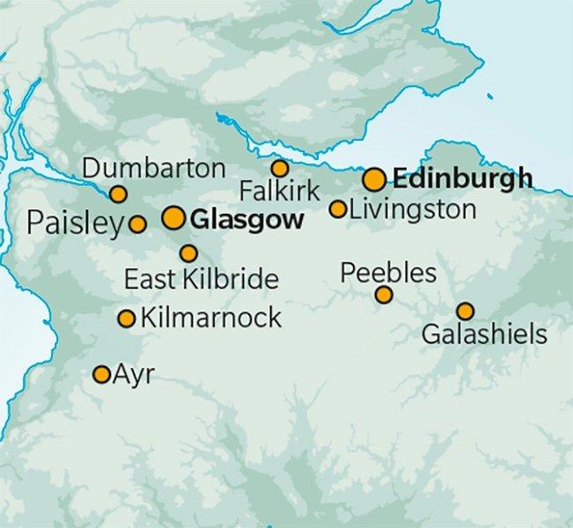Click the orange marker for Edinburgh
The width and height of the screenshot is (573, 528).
374,180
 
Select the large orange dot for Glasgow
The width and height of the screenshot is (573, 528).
173,218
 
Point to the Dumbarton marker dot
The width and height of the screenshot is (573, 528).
118,194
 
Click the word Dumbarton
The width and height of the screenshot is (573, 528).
153,167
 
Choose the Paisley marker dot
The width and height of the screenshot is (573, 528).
137,224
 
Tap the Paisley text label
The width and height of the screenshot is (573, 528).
72,224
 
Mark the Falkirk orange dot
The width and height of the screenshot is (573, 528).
279,168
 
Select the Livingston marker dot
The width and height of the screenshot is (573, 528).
338,209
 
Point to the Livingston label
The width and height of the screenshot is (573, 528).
413,209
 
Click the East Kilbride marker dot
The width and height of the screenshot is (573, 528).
188,253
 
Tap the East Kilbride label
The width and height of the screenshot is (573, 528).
201,281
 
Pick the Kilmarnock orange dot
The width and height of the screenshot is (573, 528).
127,319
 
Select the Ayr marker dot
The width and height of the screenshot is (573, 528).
101,375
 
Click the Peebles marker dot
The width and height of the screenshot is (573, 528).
384,295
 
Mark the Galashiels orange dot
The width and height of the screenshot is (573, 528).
464,311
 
